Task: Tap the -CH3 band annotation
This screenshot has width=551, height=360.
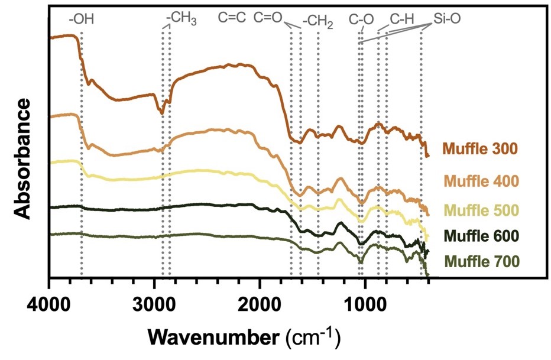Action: (181, 20)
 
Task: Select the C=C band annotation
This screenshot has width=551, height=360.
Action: (232, 18)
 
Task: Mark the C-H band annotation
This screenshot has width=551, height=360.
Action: (401, 20)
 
